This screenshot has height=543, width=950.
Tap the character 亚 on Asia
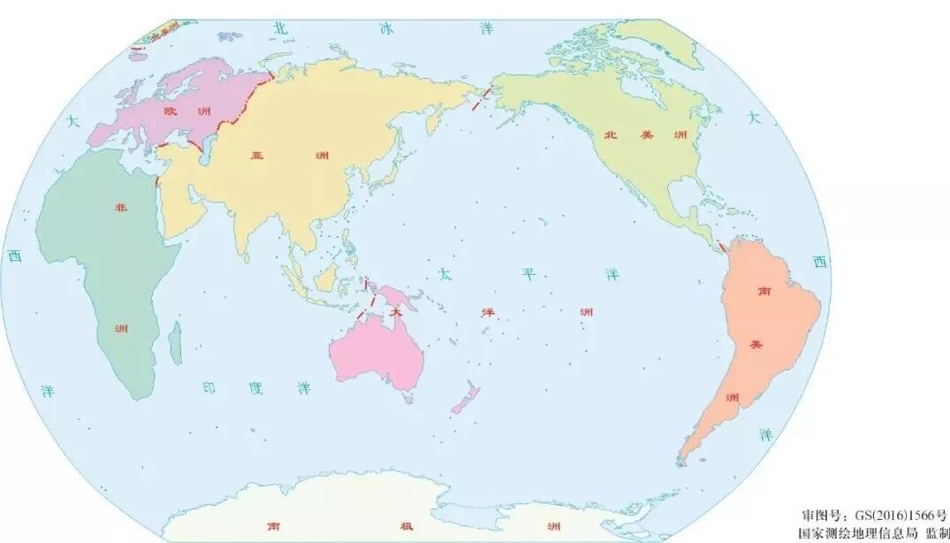(258, 155)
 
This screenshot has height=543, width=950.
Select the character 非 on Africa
(121, 207)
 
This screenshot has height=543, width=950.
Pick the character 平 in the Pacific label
(528, 273)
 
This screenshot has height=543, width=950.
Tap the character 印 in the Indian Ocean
(208, 387)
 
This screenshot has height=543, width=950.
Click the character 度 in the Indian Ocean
(255, 387)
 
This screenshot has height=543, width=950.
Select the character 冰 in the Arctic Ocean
(385, 28)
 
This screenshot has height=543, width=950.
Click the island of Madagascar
(175, 342)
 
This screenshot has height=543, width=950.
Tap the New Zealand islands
(465, 399)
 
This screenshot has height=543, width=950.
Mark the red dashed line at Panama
(722, 245)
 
